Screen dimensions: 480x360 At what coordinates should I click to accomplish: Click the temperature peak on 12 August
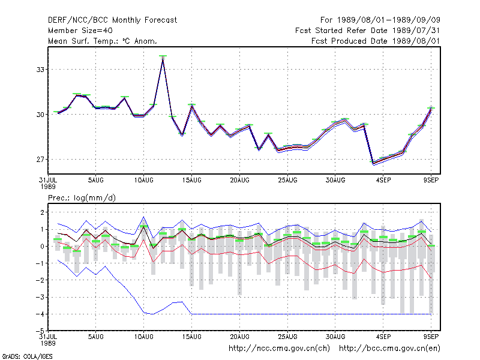pos(163,58)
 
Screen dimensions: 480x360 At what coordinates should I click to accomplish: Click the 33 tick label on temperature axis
pos(40,70)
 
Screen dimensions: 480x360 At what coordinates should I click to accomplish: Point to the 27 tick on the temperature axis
pos(40,160)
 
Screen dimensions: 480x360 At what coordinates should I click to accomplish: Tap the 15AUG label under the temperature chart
pos(191,181)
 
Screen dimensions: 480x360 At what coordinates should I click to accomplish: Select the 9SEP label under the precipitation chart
pos(431,337)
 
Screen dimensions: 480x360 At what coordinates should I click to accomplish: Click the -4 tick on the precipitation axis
pos(40,314)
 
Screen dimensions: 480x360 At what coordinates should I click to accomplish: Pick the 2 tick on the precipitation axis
pos(42,212)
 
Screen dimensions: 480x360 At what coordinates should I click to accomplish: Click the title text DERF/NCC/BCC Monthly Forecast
pos(112,20)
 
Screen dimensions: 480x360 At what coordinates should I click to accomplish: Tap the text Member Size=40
pos(80,31)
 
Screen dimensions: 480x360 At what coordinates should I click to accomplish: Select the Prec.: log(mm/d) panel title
pos(82,198)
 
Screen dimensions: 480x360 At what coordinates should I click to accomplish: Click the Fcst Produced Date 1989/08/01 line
pos(376,41)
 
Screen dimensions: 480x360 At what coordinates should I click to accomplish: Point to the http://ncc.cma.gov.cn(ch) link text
pos(279,349)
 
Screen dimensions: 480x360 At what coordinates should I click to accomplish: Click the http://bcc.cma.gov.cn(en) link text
pos(389,349)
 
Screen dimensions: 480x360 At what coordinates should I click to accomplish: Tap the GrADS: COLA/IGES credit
pos(28,356)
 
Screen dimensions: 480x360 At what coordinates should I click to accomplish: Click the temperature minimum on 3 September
pos(373,163)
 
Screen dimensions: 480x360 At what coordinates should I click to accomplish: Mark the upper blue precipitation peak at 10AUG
pos(143,217)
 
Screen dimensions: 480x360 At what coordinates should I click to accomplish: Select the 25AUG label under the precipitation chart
pos(288,337)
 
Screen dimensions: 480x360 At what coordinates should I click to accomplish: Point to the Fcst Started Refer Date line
pos(368,31)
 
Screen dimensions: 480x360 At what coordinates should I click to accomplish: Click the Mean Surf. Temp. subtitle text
pos(103,41)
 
